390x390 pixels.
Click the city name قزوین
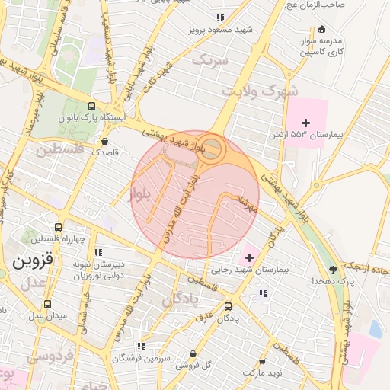point(32,262)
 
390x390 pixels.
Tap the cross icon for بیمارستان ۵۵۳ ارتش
point(306,122)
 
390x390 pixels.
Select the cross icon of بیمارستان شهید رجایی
point(249,258)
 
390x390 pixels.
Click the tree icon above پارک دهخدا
point(333,270)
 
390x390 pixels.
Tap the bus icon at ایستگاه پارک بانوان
point(92,107)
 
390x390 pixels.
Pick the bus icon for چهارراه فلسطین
point(59,227)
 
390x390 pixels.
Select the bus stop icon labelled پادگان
point(229,306)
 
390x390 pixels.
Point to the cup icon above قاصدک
point(104,141)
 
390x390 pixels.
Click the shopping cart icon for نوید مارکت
point(263,362)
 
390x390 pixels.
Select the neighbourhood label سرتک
point(209,59)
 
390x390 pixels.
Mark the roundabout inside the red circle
point(214,148)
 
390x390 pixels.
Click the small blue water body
point(375,328)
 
